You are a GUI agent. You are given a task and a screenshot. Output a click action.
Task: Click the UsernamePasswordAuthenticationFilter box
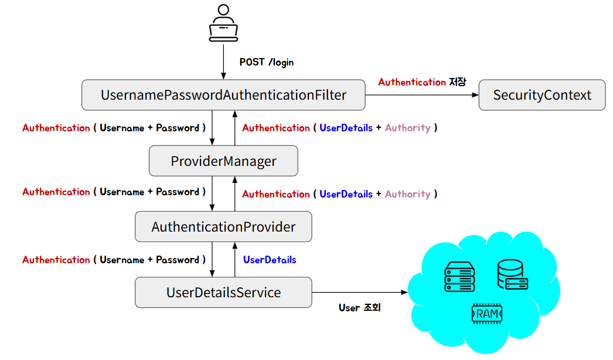point(223,95)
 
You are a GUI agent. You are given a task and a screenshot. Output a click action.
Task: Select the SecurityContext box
point(542,95)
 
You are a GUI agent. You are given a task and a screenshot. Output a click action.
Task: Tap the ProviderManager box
point(223,161)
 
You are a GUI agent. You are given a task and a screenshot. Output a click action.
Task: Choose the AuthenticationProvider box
point(223,226)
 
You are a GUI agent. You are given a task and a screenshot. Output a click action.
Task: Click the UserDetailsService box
point(223,293)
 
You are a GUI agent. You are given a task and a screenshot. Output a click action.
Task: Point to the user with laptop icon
point(223,23)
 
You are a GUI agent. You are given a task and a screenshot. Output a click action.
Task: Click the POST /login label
point(267,62)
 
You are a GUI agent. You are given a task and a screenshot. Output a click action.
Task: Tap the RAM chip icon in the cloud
point(487,314)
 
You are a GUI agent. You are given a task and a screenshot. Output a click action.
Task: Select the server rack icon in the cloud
point(459,277)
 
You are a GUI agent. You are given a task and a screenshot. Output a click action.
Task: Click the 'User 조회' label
point(359,308)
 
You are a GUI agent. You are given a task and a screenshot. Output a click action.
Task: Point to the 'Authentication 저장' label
point(422,82)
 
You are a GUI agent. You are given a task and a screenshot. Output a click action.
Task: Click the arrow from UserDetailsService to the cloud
point(360,293)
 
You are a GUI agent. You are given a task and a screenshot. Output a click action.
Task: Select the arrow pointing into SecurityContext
point(422,95)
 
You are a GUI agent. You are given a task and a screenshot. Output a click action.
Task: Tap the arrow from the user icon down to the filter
point(223,62)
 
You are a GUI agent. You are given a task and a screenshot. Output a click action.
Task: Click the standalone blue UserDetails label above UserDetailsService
point(270,260)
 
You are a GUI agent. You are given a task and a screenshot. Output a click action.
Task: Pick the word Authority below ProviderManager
point(408,194)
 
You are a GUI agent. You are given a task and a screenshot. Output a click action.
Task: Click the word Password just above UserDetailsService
point(178,260)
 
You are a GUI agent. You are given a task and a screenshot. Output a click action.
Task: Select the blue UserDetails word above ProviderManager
point(346,128)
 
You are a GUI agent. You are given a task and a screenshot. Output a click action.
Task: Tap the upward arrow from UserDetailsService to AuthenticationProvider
point(235,259)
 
